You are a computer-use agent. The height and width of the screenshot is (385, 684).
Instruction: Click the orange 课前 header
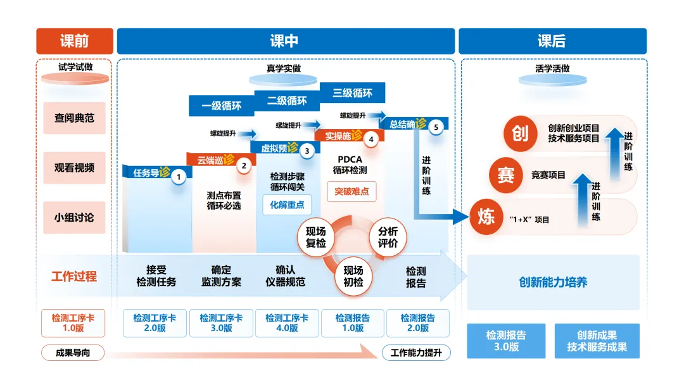tap(75, 41)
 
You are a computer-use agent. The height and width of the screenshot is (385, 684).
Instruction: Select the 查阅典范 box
tap(74, 118)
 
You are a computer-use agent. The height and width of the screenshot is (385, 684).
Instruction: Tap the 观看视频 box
tap(74, 168)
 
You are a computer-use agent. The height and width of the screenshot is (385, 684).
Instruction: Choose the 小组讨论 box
tap(74, 218)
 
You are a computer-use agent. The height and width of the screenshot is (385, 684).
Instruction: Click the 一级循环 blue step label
tap(222, 106)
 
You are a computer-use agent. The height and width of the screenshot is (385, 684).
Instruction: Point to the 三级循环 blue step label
tap(353, 93)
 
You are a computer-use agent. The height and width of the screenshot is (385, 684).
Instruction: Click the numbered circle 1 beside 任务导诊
tap(179, 177)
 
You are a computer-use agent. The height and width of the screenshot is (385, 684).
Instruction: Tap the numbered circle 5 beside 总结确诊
tap(436, 127)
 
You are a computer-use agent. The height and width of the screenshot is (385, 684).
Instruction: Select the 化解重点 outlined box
tap(287, 205)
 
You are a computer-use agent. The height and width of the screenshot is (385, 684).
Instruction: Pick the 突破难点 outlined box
tap(351, 191)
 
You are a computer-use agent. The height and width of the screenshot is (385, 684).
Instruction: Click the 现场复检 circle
tap(315, 237)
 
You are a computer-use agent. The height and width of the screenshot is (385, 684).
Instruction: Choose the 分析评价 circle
tap(388, 237)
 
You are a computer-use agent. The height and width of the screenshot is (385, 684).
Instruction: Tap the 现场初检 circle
tap(353, 277)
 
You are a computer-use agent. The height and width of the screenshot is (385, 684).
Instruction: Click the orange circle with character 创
tap(520, 134)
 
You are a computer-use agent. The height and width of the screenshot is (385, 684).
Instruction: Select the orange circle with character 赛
tap(505, 175)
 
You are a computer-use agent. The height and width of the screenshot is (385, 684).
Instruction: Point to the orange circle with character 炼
tap(486, 217)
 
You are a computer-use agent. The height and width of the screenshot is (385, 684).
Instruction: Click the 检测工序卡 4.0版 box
tap(287, 323)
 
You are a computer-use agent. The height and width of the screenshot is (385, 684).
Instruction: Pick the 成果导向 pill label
tap(73, 353)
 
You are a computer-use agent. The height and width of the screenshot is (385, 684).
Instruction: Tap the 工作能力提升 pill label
tap(416, 353)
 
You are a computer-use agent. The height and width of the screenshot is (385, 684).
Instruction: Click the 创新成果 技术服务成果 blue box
tap(597, 341)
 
